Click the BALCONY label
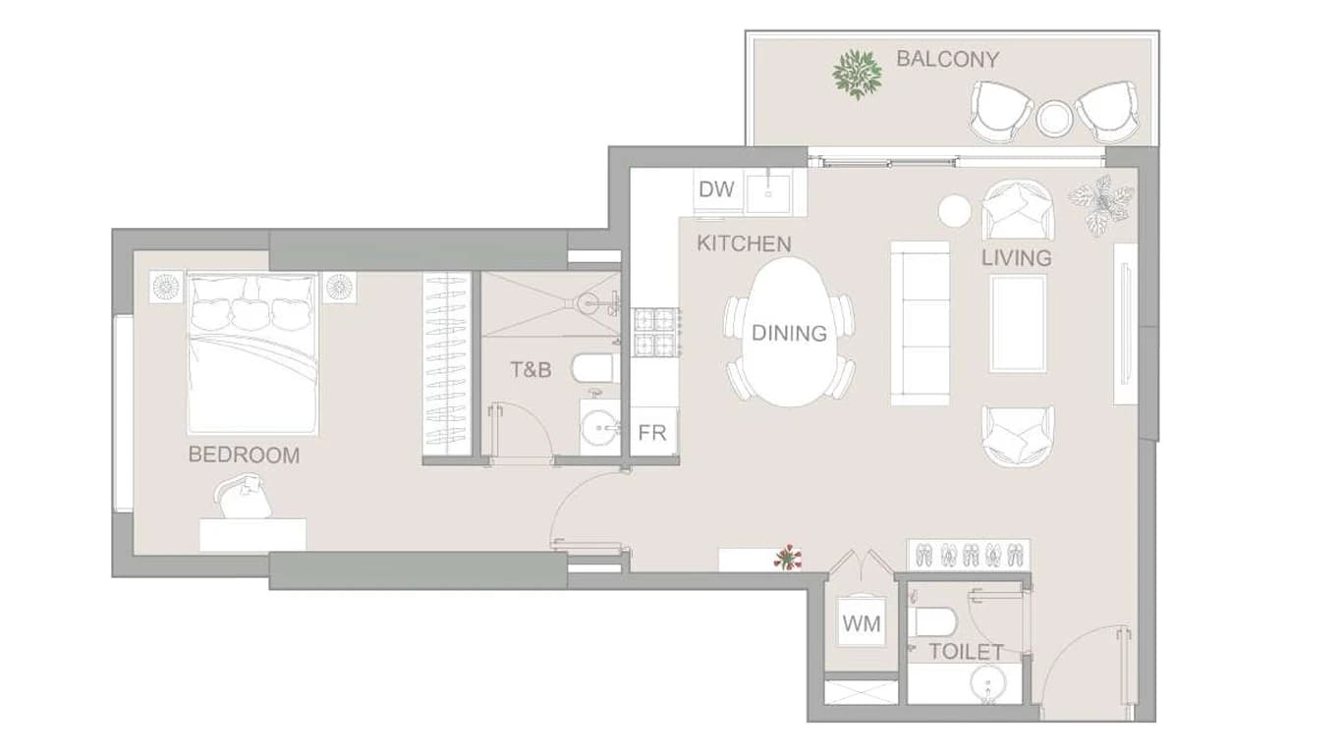pos(947,59)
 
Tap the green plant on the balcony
pos(858,75)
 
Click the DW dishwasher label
pos(716,189)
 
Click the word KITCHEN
pos(744,243)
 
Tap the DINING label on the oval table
pos(789,333)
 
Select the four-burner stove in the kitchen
pos(656,333)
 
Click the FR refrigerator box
pos(652,433)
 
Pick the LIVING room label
pos(1017,258)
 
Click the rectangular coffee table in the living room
pos(1019,324)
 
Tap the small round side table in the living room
pos(954,211)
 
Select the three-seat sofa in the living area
pos(921,324)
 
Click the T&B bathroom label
pos(531,370)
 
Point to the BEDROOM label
pos(244,456)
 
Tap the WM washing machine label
pos(862,624)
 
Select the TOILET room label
pos(966,652)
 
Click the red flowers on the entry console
pos(788,558)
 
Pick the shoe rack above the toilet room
pos(969,555)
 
